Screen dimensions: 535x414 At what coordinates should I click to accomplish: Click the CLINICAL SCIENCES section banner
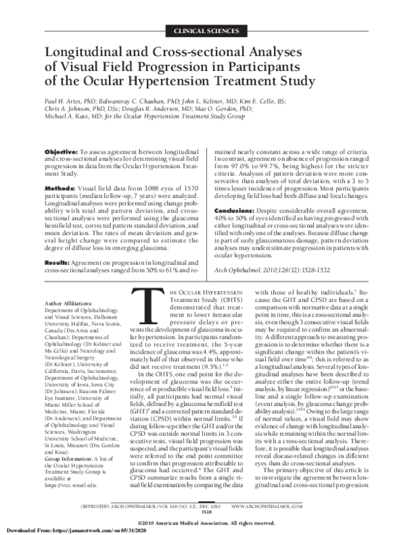[x=206, y=31]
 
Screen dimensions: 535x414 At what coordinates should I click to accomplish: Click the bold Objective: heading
[x=61, y=151]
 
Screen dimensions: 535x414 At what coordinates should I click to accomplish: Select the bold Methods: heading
[x=59, y=188]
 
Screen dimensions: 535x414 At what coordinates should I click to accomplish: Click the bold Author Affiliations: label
[x=69, y=303]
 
